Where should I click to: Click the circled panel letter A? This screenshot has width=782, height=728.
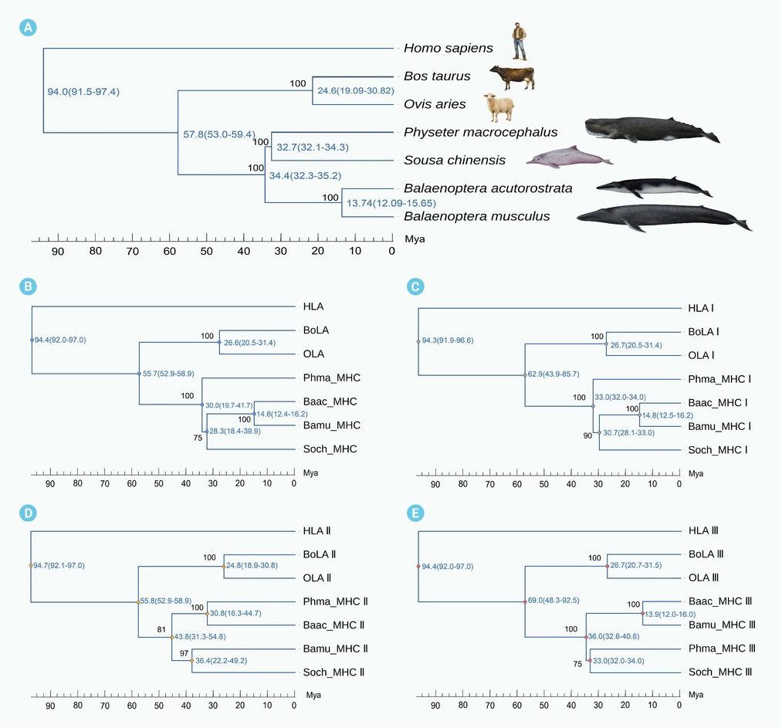(x=28, y=27)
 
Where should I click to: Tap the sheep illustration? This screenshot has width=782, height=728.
(x=499, y=107)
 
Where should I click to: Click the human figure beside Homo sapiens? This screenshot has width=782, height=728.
(x=520, y=42)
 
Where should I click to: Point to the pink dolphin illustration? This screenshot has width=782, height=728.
(x=569, y=157)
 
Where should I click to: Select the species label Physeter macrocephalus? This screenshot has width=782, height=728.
(x=480, y=132)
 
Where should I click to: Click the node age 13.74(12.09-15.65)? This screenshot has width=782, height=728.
(x=391, y=203)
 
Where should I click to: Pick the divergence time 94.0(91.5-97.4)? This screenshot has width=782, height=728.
(x=83, y=92)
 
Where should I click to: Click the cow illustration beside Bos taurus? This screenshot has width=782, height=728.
(x=512, y=77)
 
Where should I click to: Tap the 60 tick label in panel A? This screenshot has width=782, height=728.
(x=170, y=251)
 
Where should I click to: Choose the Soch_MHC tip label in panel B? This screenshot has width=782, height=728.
(x=330, y=449)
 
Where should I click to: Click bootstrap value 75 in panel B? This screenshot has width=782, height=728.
(x=198, y=438)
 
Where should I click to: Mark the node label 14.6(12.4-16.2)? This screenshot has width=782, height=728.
(x=282, y=414)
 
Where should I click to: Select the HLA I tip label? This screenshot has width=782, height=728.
(x=701, y=308)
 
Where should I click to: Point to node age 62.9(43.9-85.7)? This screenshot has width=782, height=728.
(x=553, y=374)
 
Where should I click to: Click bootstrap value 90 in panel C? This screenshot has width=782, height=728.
(x=588, y=436)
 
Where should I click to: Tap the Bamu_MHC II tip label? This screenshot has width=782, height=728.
(x=335, y=648)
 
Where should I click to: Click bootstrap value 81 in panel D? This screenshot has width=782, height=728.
(x=161, y=630)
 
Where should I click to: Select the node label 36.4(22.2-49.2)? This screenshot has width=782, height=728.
(x=221, y=661)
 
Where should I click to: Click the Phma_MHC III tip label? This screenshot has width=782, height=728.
(x=722, y=648)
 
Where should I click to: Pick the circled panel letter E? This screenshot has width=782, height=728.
(x=415, y=513)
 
